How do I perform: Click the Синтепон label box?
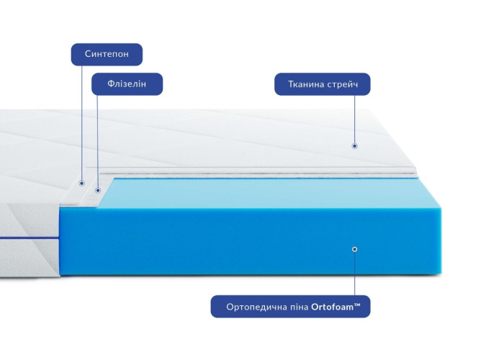[107, 54]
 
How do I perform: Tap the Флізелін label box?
[127, 84]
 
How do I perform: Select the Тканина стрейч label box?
[323, 84]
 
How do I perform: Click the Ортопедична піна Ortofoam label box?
[291, 307]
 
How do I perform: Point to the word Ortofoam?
[333, 307]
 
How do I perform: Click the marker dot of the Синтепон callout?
[81, 183]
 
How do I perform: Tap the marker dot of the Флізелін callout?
[98, 191]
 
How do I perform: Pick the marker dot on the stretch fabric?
[354, 146]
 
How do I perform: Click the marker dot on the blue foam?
[354, 249]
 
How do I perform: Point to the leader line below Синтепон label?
[81, 123]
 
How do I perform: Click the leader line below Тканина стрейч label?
[355, 120]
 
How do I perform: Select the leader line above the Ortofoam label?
[355, 274]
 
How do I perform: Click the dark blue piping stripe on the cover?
[30, 238]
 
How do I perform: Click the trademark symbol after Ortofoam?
[357, 305]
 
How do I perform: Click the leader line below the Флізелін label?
[98, 142]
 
